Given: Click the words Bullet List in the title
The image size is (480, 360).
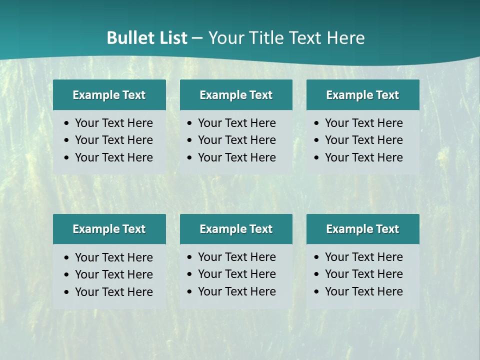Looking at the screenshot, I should pos(146,38).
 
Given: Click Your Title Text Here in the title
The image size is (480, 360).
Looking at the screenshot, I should pos(286,38).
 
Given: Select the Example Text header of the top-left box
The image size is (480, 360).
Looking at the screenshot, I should pos(109,95).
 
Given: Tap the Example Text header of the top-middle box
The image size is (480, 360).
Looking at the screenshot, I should pos(236,95).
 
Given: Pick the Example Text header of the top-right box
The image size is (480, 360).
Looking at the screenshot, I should pos(362,95).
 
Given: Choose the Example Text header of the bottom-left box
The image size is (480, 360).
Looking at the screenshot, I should pos(109,229).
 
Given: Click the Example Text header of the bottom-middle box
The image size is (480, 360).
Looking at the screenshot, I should pos(236,229).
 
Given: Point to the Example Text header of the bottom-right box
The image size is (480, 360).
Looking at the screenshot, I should pos(362,229).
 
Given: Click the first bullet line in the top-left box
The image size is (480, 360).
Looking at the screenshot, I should pos(113,123).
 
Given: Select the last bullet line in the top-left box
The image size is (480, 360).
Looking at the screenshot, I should pos(113,157).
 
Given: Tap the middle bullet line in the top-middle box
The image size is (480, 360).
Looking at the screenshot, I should pos(236,140).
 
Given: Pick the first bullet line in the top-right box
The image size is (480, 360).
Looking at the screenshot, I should pos(363,123).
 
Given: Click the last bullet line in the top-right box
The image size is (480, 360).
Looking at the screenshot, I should pos(363,157).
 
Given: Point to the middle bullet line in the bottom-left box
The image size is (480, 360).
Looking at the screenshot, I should pos(113,274).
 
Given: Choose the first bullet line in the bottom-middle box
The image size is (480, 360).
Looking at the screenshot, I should pos(236,257).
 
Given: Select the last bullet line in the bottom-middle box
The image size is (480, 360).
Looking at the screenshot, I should pos(236,291).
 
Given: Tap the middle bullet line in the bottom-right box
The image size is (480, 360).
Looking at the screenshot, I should pos(363,274).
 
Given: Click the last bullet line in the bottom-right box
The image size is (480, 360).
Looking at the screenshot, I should pos(363,291).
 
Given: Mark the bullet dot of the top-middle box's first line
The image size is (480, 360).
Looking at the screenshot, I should pos(189,123).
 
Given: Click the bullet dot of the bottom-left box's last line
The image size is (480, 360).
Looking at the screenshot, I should pos(66,292).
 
